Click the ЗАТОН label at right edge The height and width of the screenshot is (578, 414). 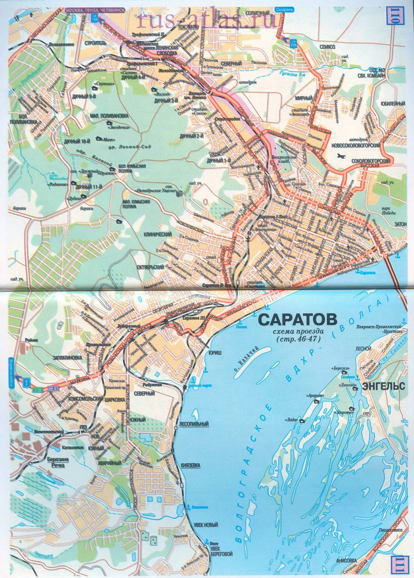[x=401, y=223]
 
